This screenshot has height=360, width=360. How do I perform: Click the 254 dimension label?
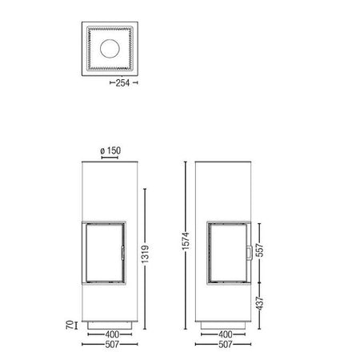point(122,83)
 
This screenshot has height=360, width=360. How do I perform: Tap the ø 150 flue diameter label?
point(110,150)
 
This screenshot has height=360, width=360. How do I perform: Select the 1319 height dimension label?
point(146,254)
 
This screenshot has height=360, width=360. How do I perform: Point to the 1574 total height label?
point(186,241)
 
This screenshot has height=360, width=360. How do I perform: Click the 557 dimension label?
point(260,250)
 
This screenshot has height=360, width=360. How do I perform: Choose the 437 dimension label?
point(260,303)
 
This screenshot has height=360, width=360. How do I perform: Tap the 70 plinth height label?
point(70,325)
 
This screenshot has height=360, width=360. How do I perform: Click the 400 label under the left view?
point(112,334)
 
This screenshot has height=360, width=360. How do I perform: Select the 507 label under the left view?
point(112,344)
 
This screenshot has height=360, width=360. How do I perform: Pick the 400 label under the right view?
point(226,334)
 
